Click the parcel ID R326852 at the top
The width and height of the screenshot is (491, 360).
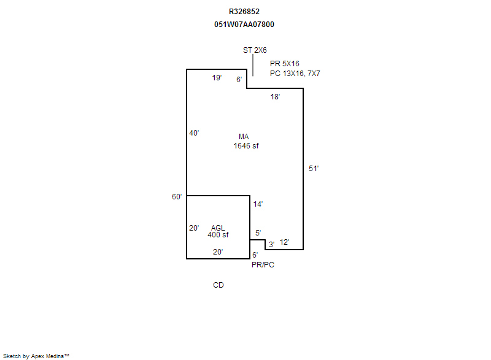[x=244, y=12]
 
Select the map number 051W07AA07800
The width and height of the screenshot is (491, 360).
[x=244, y=25]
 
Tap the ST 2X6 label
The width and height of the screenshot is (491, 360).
[x=255, y=50]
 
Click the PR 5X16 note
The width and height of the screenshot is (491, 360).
[x=285, y=64]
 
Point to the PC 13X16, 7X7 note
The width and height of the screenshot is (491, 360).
[x=295, y=74]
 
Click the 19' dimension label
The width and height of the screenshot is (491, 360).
[x=217, y=77]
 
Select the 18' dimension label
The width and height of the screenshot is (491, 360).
[x=275, y=97]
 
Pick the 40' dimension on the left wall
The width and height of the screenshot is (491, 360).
[x=194, y=133]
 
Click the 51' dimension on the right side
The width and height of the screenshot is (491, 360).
[x=314, y=169]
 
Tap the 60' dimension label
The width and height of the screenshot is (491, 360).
[x=177, y=197]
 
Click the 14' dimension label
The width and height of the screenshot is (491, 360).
[x=258, y=204]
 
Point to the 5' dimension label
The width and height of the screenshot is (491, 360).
[x=258, y=233]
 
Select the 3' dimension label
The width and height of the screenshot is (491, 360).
[x=271, y=245]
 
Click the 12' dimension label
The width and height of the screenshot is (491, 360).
[x=284, y=242]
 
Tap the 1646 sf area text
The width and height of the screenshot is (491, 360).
[x=246, y=146]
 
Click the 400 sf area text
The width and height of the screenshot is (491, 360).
[x=218, y=235]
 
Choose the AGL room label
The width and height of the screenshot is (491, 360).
[x=218, y=228]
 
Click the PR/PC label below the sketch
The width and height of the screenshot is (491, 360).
[x=263, y=265]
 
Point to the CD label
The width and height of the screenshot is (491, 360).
[x=218, y=285]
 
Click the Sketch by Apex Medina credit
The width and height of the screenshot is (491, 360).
[x=36, y=356]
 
